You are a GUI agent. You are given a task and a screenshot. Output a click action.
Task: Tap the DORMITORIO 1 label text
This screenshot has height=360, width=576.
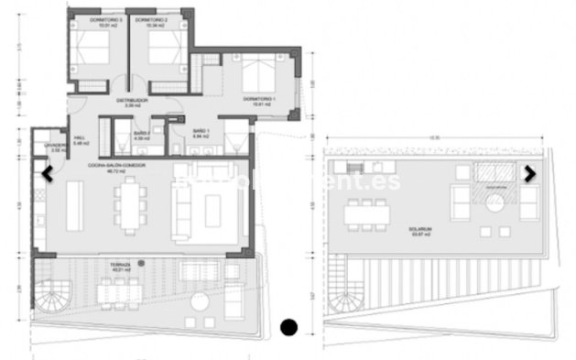point(259,98)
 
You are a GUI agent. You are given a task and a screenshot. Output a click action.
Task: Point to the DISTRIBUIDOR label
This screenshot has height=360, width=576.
point(132,100)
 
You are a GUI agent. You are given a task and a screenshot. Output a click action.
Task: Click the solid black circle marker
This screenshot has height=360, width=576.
point(289,325)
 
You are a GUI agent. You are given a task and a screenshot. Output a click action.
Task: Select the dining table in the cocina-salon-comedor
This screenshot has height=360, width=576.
point(134,202)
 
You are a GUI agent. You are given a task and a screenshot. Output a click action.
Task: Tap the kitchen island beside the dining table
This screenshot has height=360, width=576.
point(74,203)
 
